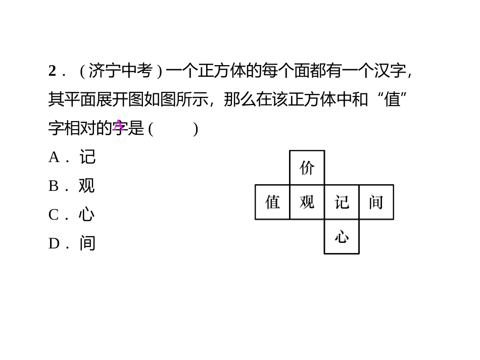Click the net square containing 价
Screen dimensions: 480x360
(307, 168)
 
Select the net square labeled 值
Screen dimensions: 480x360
(272, 202)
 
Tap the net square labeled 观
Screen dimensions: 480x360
(307, 202)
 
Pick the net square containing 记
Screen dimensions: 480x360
(342, 202)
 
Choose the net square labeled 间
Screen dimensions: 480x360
(376, 202)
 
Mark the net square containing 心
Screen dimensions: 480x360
(342, 236)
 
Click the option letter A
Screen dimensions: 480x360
(54, 158)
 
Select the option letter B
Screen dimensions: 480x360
(54, 186)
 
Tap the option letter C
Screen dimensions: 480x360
(54, 215)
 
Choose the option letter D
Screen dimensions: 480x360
(54, 244)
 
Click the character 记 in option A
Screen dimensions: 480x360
(87, 157)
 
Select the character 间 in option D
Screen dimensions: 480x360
(87, 243)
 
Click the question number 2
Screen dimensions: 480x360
(52, 71)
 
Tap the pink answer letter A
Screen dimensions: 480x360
(118, 125)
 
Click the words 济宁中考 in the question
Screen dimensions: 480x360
(120, 71)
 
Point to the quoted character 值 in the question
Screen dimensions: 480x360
(392, 99)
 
